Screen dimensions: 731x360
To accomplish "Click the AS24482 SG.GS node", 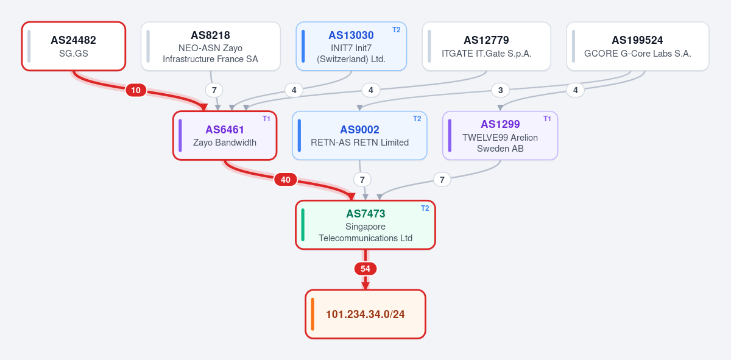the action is click(x=74, y=46).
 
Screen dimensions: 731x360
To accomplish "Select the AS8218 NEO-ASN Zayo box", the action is click(x=211, y=46).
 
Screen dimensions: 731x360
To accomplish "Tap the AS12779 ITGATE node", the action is click(x=486, y=46).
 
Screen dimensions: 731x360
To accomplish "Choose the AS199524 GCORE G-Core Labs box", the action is click(x=638, y=46).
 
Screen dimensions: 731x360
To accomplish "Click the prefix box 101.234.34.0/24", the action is click(x=365, y=314).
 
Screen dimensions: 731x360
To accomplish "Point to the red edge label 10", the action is click(x=136, y=90).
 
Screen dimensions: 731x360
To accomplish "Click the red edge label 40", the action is click(x=286, y=180).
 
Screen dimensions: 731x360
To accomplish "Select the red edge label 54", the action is click(x=365, y=269).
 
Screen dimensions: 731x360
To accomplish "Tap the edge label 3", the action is click(x=500, y=90).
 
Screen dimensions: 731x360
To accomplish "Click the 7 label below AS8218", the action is click(x=214, y=90).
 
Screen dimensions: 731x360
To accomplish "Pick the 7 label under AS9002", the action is click(x=362, y=180).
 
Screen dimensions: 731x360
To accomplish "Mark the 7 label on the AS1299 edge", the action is click(x=442, y=180).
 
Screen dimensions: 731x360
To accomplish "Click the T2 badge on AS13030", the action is click(x=396, y=30).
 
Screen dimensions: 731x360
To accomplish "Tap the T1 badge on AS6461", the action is click(x=266, y=119).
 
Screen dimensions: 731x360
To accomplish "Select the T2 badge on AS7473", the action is click(x=425, y=208).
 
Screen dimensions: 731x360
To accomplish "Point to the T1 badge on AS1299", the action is click(x=547, y=119).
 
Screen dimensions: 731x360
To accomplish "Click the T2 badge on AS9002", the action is click(x=417, y=119).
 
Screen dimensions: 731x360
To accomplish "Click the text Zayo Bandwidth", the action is click(x=225, y=143).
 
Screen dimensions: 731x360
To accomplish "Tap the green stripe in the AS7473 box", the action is click(x=303, y=225).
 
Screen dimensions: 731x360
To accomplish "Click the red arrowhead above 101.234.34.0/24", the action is click(x=365, y=286).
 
